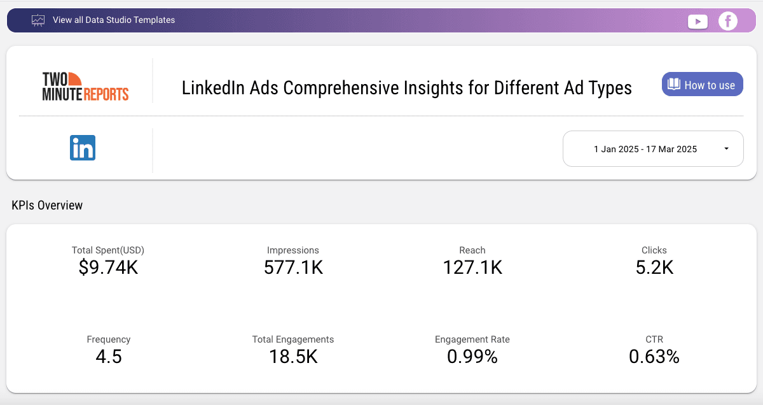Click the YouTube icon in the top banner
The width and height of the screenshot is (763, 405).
698,21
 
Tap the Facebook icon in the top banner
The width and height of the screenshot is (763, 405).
727,21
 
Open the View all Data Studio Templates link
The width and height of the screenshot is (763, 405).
114,20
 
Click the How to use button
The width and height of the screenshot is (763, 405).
702,85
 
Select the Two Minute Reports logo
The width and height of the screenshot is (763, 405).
85,87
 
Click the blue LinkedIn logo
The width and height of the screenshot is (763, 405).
83,148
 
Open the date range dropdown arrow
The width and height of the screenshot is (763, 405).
726,149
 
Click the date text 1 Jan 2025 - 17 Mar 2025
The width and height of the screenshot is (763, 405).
645,149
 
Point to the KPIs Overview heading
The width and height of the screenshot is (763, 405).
47,205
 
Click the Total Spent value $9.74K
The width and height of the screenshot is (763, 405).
108,267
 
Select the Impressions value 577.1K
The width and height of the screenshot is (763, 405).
293,267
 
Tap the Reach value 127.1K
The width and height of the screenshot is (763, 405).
472,267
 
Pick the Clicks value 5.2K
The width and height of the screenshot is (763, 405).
654,267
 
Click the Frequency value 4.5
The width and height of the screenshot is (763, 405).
108,357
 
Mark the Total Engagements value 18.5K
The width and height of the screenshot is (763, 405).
293,357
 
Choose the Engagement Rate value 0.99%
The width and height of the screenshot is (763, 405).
472,357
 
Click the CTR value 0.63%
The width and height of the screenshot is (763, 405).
654,357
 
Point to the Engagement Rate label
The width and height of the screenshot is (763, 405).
472,339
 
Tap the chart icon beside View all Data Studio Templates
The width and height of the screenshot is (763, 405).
38,20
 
